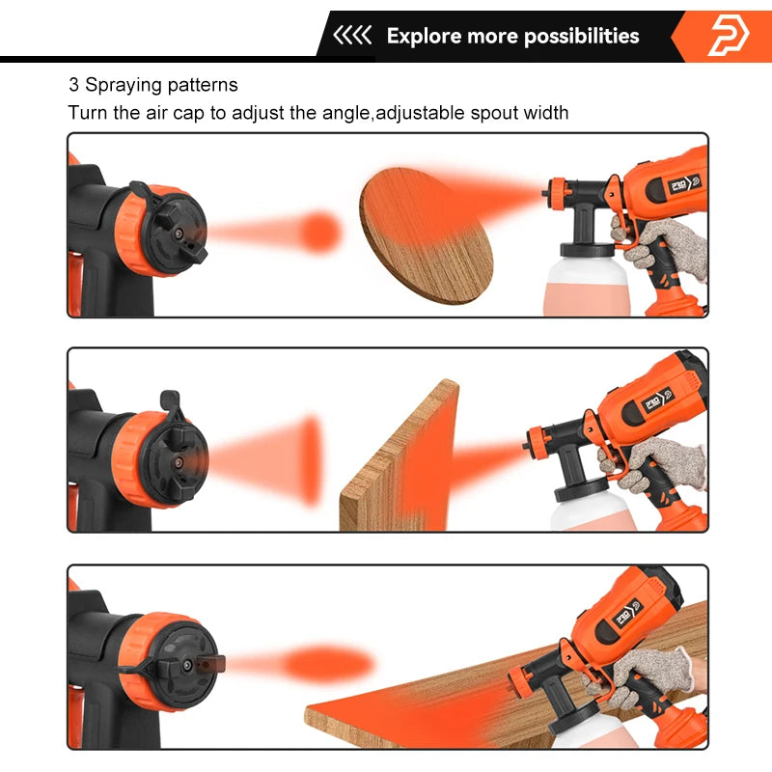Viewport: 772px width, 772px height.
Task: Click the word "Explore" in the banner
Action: point(424,37)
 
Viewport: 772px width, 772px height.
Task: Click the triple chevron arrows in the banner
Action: point(352,37)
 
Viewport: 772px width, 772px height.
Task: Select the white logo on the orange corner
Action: point(729,37)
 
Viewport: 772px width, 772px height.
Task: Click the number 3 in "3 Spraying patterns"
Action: point(72,85)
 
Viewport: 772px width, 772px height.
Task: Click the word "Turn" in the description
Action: point(88,113)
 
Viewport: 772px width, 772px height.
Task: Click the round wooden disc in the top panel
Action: point(426,235)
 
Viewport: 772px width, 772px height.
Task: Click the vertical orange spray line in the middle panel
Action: point(311,460)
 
